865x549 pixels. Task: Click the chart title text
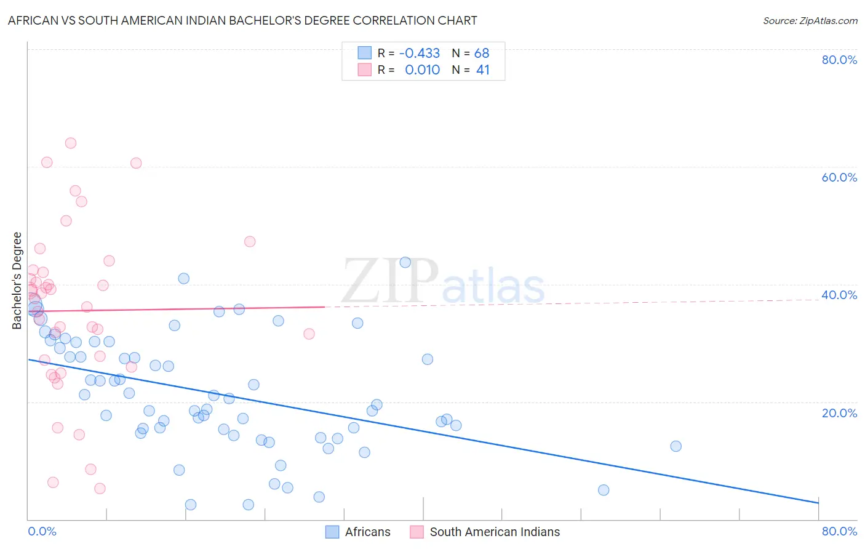(242, 20)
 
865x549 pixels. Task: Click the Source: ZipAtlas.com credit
(810, 20)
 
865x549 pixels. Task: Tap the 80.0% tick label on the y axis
(839, 60)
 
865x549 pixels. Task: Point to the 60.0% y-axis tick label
(839, 177)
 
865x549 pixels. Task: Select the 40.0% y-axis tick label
(839, 295)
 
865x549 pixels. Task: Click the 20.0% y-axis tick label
(839, 413)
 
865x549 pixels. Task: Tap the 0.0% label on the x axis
(42, 531)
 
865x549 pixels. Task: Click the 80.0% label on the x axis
(839, 531)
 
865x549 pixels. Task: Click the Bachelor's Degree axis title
(17, 281)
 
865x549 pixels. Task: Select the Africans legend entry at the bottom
(367, 532)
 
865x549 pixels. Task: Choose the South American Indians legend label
(495, 532)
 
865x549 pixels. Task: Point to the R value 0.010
(422, 70)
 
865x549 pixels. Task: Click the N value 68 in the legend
(482, 53)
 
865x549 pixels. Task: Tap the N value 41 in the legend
(483, 70)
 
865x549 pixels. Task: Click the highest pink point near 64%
(71, 143)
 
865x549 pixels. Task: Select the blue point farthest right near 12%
(676, 446)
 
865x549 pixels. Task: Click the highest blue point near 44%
(405, 262)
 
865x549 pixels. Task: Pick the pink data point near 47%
(250, 241)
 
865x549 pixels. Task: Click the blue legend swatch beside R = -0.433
(365, 53)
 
